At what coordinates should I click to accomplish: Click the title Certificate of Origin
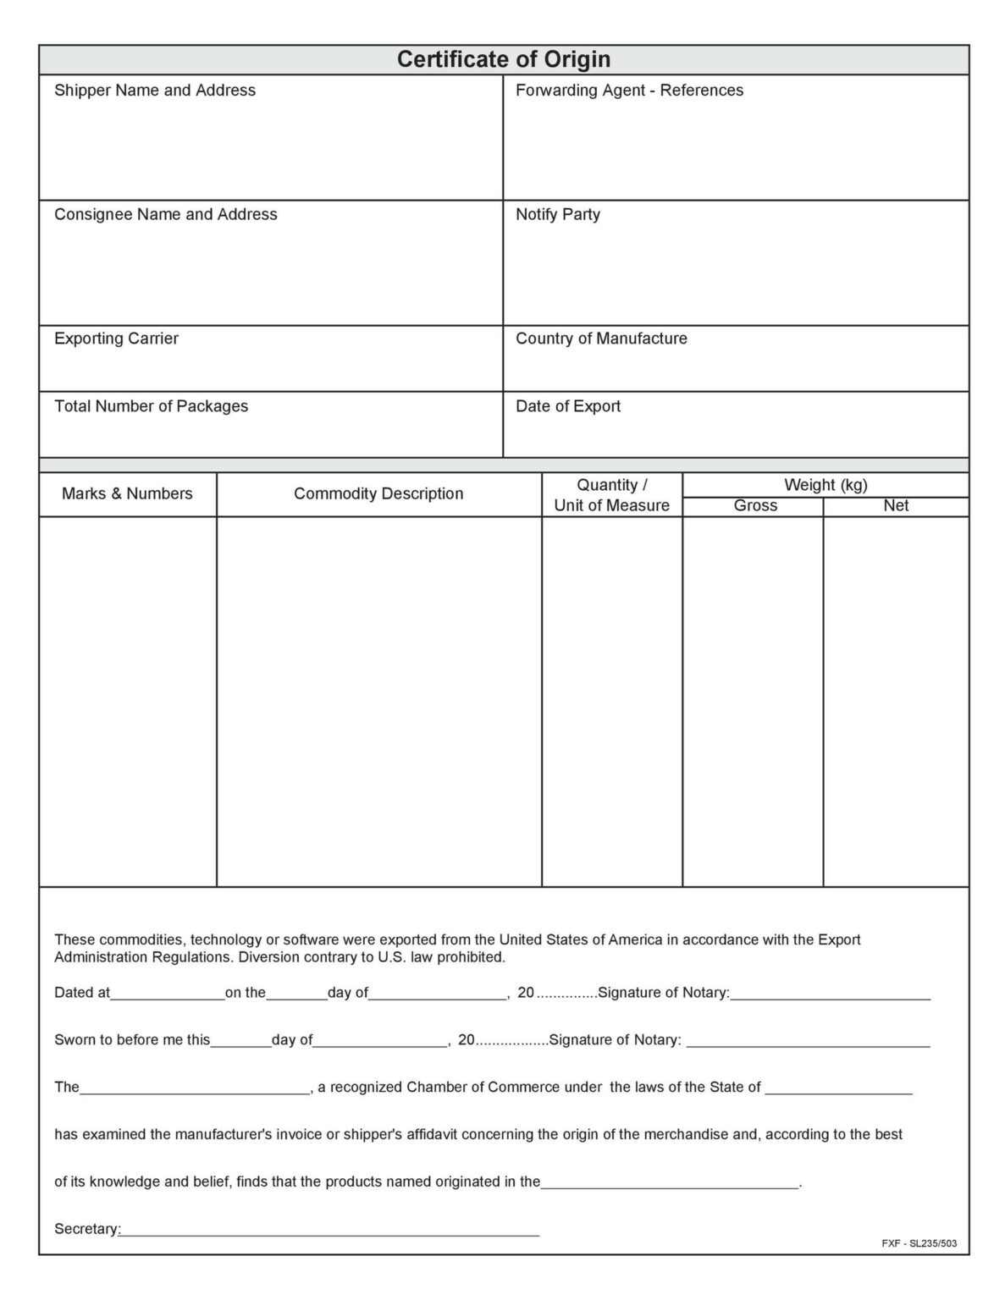coord(503,59)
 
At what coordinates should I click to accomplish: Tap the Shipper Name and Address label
coord(155,91)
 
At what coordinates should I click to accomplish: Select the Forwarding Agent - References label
coord(629,91)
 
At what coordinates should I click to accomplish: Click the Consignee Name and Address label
coord(166,215)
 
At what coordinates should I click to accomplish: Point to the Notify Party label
coord(557,215)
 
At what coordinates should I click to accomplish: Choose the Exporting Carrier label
coord(116,339)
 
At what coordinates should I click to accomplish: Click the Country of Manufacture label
coord(601,339)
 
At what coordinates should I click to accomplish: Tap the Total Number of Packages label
coord(151,406)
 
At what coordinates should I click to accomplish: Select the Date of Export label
coord(567,406)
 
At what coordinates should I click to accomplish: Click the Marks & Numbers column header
coord(127,494)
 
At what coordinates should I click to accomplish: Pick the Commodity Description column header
coord(378,494)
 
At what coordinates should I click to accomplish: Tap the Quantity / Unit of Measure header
coord(611,495)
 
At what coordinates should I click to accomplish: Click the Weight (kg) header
coord(826,485)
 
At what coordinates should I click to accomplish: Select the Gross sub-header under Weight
coord(755,506)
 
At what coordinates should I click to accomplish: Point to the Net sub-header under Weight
coord(896,506)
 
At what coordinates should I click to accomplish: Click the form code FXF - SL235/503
coord(919,1243)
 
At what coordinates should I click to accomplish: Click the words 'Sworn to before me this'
coord(132,1040)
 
